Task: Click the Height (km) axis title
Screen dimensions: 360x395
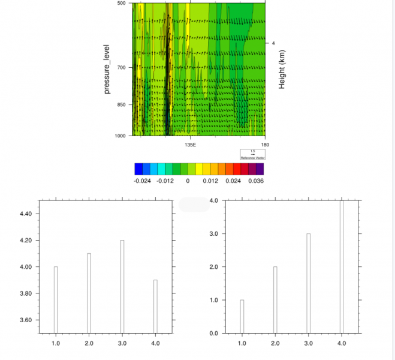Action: (282, 70)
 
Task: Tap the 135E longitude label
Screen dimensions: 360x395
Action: (190, 145)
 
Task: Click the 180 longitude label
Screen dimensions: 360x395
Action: (265, 145)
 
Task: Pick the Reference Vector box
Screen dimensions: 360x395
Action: (252, 154)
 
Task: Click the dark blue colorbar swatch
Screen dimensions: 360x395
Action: (138, 169)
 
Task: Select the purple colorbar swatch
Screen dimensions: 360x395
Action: (260, 169)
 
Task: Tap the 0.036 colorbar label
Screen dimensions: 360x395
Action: (255, 181)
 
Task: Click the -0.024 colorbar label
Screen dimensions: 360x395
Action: (142, 181)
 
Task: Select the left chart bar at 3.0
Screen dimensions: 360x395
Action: (122, 287)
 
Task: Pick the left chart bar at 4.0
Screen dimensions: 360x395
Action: (155, 307)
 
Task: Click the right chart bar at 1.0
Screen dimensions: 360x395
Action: (242, 316)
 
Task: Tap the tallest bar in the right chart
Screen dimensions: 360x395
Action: (342, 267)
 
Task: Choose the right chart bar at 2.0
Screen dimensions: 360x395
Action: (275, 300)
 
